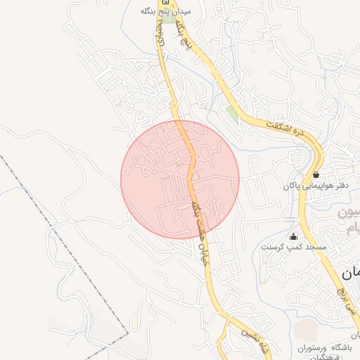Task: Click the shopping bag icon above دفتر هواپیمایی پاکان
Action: click(x=316, y=174)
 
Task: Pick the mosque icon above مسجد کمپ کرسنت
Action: click(x=293, y=236)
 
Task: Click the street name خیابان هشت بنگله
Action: click(x=201, y=231)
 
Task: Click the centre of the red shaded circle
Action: click(x=180, y=180)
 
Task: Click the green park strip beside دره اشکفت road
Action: click(x=232, y=113)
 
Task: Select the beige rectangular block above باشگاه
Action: click(x=306, y=330)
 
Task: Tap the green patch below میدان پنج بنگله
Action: click(x=169, y=18)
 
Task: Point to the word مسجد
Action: click(x=316, y=247)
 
